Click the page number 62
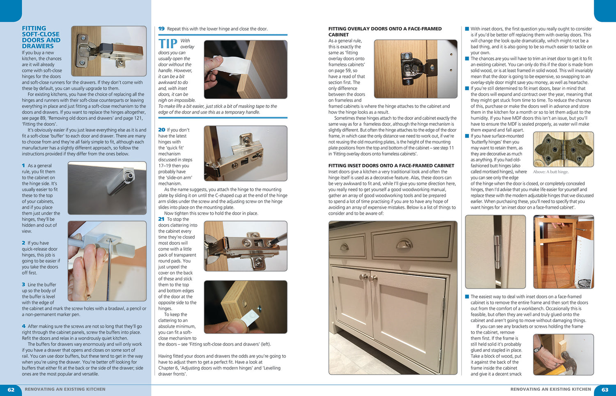[x=11, y=389]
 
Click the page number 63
[x=605, y=389]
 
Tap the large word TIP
[x=168, y=44]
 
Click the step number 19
[x=161, y=29]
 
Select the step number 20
[x=161, y=130]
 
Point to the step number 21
[x=161, y=219]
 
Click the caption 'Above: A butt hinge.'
[x=551, y=172]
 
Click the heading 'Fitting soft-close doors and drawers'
[x=41, y=37]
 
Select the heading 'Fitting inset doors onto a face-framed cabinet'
[x=391, y=166]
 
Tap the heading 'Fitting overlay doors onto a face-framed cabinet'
[x=385, y=32]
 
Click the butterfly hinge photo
[x=563, y=149]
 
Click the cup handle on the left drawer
[x=350, y=247]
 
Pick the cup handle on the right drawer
[x=404, y=245]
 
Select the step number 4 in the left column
[x=24, y=326]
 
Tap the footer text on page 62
[x=65, y=389]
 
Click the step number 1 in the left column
[x=24, y=166]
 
